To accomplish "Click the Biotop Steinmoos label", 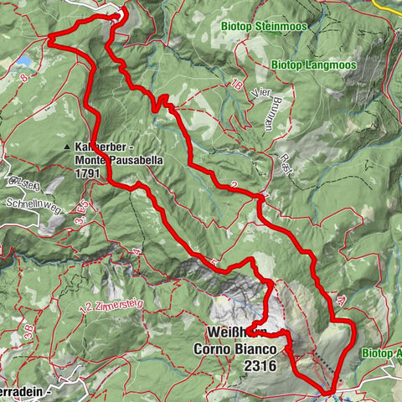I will tap(264, 26).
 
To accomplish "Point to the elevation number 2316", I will tap(234, 366).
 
